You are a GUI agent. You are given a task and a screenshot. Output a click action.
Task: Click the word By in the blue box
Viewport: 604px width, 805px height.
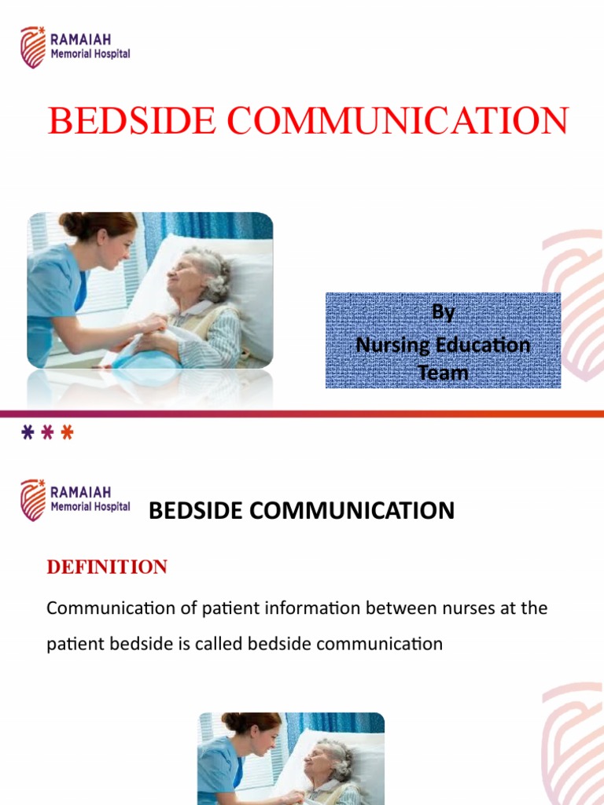point(443,313)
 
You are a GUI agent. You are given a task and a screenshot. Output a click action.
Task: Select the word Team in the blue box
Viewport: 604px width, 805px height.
point(443,373)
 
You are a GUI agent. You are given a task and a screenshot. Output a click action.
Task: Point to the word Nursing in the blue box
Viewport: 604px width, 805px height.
point(389,344)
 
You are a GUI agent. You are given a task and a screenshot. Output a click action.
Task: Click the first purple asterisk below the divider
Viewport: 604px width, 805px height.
point(28,433)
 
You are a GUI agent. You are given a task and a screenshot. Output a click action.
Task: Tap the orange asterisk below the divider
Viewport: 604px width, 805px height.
point(67,433)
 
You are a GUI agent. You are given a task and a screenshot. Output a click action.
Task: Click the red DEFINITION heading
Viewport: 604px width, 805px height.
point(107,568)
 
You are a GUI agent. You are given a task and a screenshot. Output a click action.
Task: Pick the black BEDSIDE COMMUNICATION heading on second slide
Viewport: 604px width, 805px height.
point(301,511)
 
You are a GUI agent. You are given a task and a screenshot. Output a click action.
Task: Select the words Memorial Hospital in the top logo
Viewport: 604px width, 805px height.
point(90,54)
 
